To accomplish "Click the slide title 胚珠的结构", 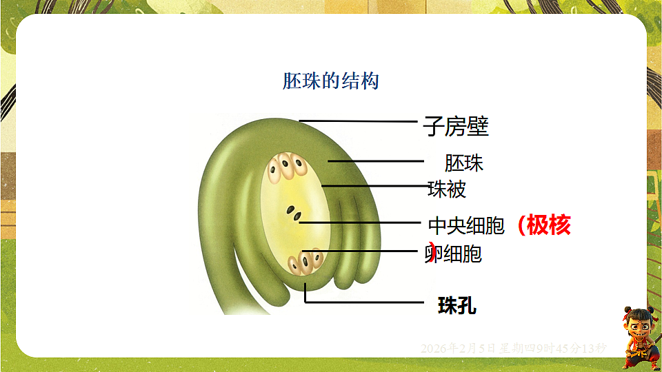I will (x=331, y=81).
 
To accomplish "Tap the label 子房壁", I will (x=456, y=127).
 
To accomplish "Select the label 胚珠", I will (x=464, y=163).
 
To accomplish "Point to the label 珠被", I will (x=447, y=189).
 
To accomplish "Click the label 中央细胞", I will (x=467, y=225).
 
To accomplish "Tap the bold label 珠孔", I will (x=457, y=306).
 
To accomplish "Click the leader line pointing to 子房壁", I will (x=359, y=121).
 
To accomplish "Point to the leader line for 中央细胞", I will (x=362, y=223).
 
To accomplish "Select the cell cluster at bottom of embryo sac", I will (x=305, y=262).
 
